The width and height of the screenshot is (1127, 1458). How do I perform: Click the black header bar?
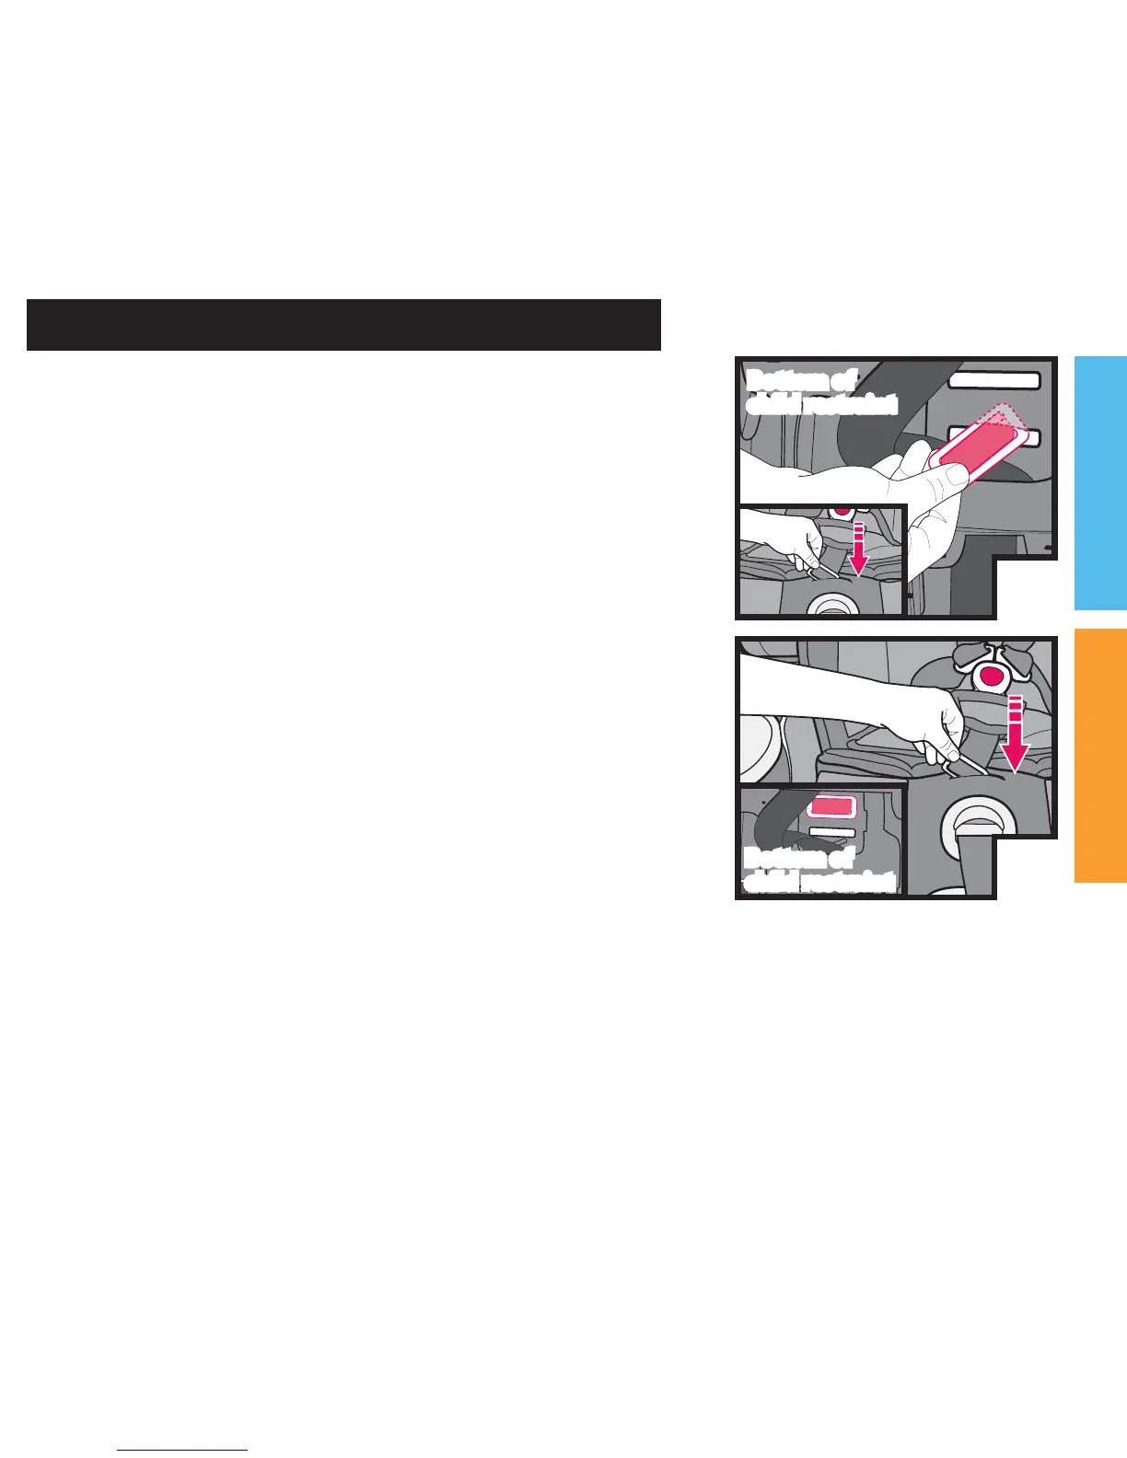[x=343, y=324]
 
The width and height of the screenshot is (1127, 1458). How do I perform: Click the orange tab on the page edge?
[x=1099, y=755]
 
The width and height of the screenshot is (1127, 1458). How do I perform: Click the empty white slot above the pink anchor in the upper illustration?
[x=993, y=379]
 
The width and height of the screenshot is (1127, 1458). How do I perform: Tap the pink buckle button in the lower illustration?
[x=991, y=677]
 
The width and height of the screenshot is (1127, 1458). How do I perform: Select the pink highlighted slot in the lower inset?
[x=831, y=806]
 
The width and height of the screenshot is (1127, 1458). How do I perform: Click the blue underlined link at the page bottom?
[x=183, y=1449]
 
